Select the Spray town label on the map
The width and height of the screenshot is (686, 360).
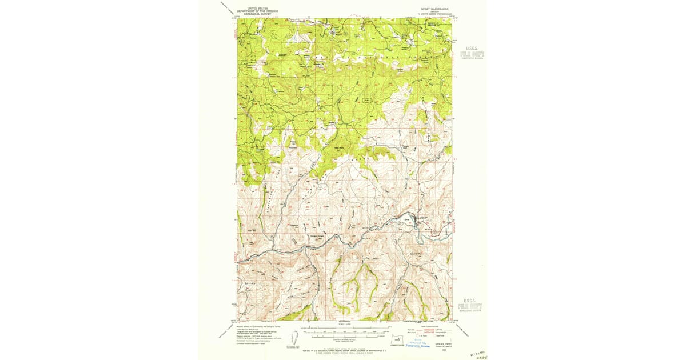pyautogui.click(x=407, y=218)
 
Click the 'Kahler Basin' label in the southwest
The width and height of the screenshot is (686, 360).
pyautogui.click(x=249, y=286)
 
